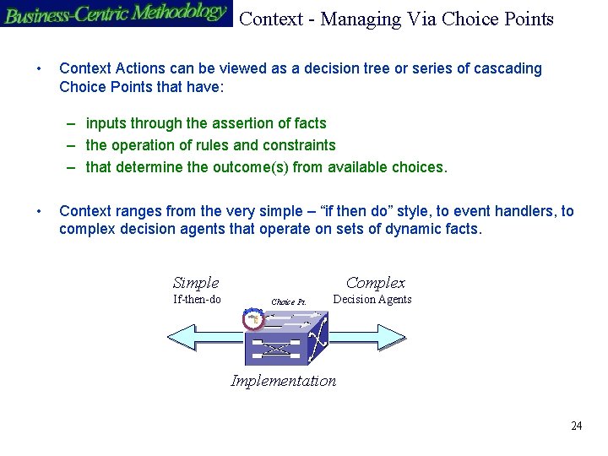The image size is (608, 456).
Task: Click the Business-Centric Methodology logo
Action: (x=116, y=14)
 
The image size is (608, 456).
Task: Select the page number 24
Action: (x=576, y=426)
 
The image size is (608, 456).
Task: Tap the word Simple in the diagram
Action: (x=196, y=284)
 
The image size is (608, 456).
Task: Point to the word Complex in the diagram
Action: (x=376, y=284)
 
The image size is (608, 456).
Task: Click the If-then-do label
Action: (x=197, y=300)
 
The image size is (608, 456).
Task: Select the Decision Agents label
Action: (x=372, y=300)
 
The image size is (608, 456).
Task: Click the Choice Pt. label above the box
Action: (x=288, y=301)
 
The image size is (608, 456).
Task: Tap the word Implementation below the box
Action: (x=284, y=381)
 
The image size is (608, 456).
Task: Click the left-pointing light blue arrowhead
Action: (x=180, y=338)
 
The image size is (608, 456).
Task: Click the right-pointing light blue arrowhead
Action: (x=394, y=338)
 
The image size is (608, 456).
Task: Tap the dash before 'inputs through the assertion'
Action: (x=73, y=124)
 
